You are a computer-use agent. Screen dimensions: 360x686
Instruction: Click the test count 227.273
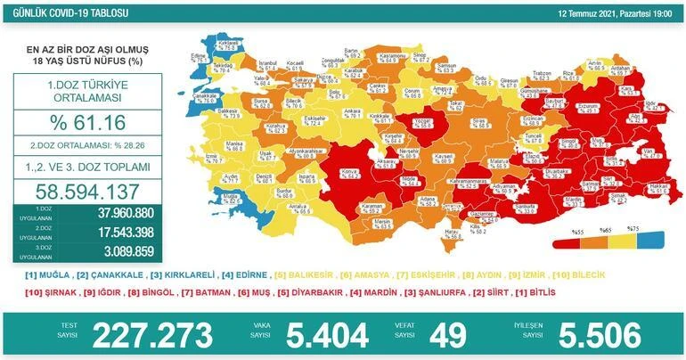(153, 335)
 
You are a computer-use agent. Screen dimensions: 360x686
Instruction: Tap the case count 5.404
(327, 335)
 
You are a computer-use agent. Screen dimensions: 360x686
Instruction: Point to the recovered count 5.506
(599, 335)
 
